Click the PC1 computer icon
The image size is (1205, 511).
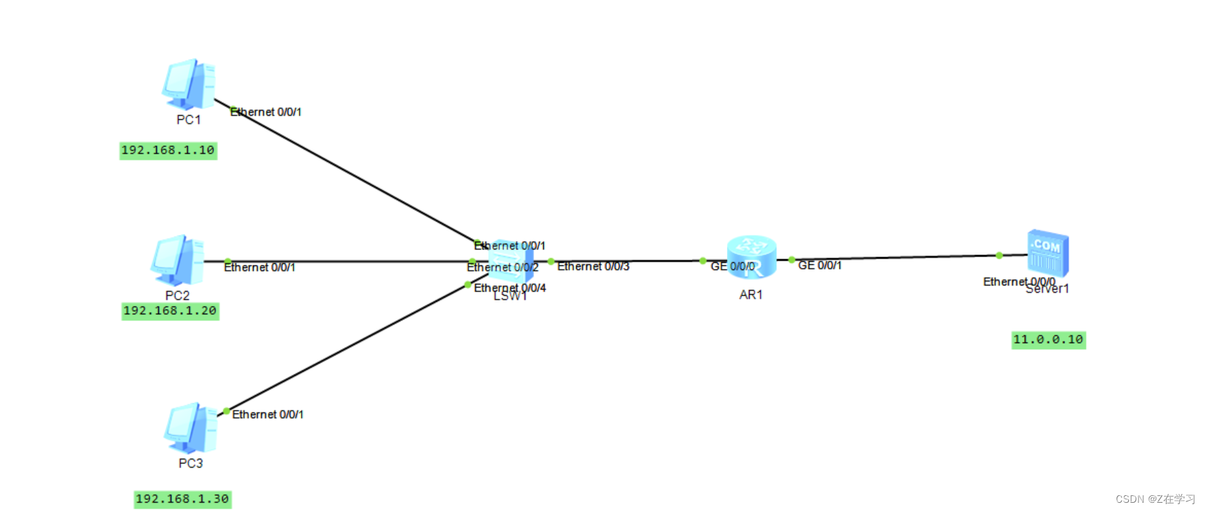click(x=189, y=84)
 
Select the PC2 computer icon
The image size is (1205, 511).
click(x=178, y=261)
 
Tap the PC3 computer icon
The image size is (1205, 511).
click(x=190, y=429)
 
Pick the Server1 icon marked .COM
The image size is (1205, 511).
click(x=1047, y=252)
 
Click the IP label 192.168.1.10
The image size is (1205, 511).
click(x=168, y=150)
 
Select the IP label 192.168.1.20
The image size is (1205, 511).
click(x=170, y=311)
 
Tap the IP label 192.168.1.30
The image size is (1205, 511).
click(x=182, y=499)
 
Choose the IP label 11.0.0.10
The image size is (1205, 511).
click(x=1048, y=340)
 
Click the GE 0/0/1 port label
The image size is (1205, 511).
click(x=820, y=265)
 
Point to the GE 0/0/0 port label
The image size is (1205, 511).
click(x=732, y=266)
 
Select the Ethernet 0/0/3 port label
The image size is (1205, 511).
click(x=593, y=266)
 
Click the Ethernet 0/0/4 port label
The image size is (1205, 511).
click(x=510, y=288)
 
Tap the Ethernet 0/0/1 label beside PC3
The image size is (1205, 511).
click(x=267, y=414)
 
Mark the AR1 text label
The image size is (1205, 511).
click(x=751, y=295)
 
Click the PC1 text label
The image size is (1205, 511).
click(x=189, y=120)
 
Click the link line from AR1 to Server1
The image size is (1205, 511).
click(x=892, y=258)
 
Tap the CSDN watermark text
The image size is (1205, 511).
click(x=1155, y=499)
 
